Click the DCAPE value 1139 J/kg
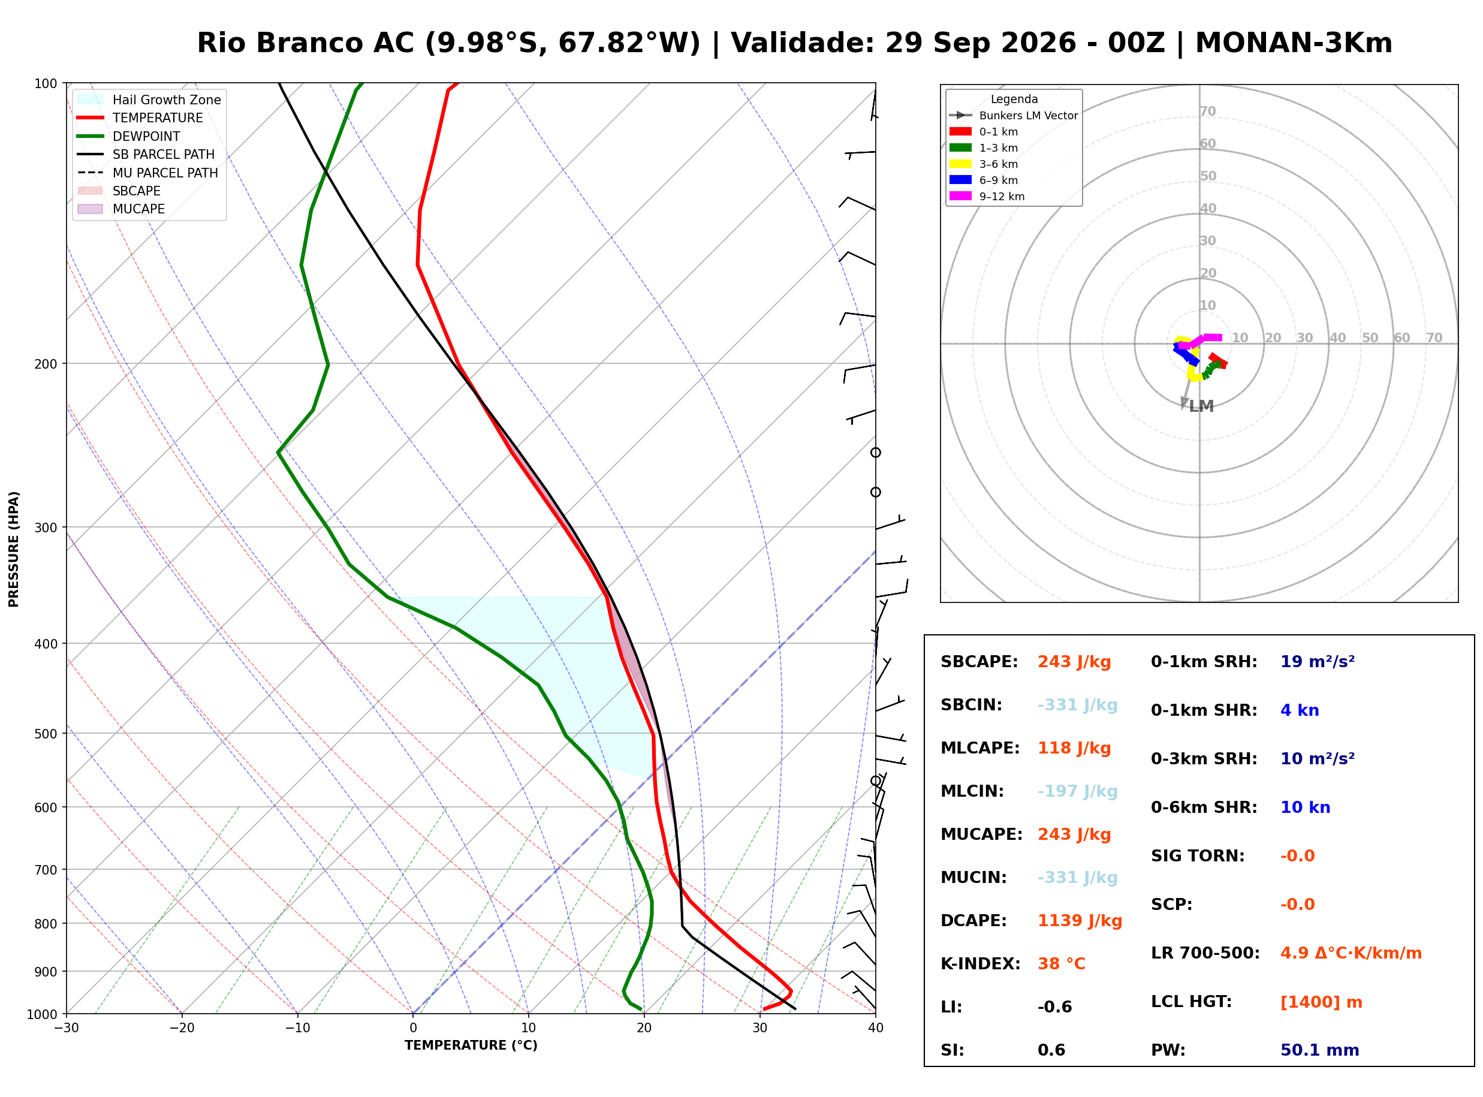tap(1080, 920)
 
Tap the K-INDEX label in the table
tap(981, 963)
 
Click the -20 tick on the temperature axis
tap(181, 1028)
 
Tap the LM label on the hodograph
tap(1201, 406)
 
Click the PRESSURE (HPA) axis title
tap(14, 549)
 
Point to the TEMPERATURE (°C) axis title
tap(471, 1046)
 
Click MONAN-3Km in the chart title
tap(1293, 43)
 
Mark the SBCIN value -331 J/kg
tap(1077, 704)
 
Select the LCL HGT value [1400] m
tap(1321, 1002)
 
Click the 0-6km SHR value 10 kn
tap(1305, 807)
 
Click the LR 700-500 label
tap(1205, 953)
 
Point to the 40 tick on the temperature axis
tap(876, 1028)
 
